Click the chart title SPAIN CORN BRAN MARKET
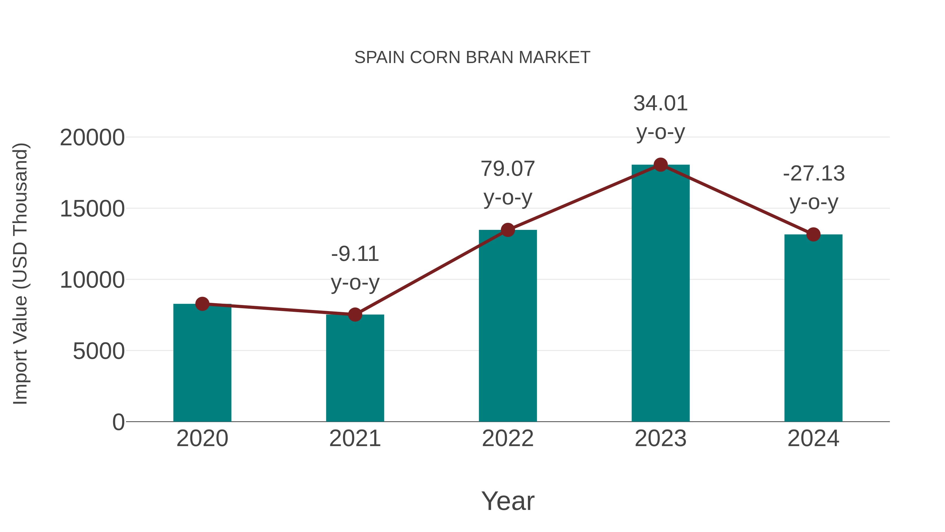click(x=472, y=58)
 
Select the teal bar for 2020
click(x=202, y=364)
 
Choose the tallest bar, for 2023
click(x=660, y=294)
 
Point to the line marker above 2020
click(x=202, y=304)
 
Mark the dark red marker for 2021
click(x=355, y=315)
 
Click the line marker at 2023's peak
click(x=660, y=165)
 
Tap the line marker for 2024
click(x=813, y=234)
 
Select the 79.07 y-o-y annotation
click(x=508, y=169)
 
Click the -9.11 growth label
click(x=355, y=254)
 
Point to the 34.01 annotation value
click(x=660, y=104)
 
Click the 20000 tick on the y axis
click(x=92, y=138)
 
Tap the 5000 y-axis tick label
click(x=99, y=351)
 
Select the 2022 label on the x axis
click(x=508, y=439)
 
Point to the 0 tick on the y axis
click(x=118, y=422)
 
